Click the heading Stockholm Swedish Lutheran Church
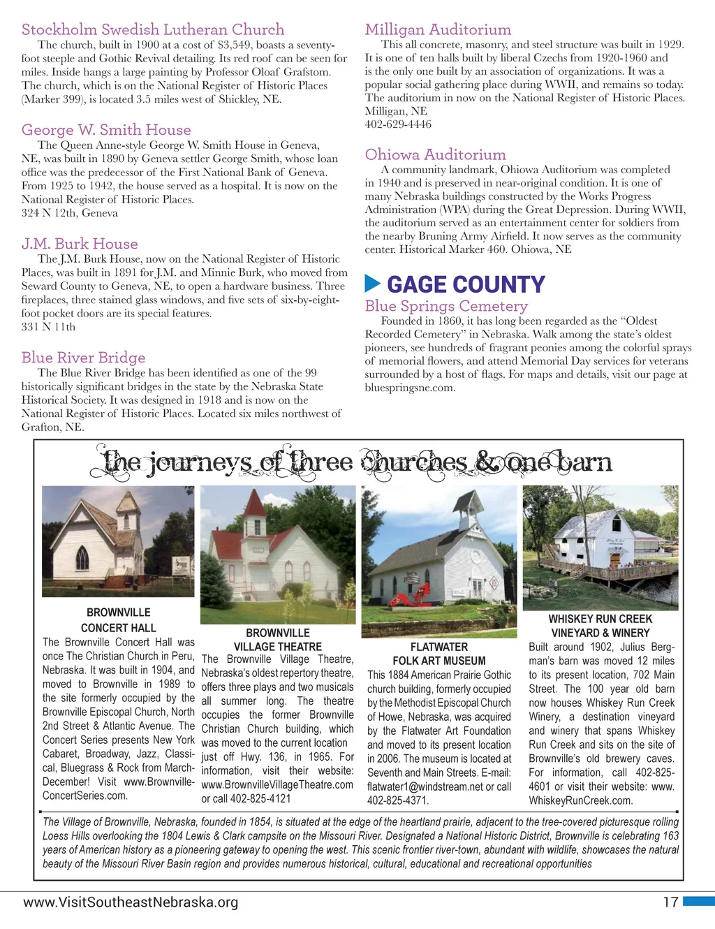(153, 29)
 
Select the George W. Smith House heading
(106, 130)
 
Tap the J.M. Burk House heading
(80, 244)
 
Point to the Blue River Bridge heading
(83, 358)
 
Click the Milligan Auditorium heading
(438, 29)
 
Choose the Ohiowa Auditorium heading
(435, 154)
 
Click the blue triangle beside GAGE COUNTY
(373, 284)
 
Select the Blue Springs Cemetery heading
(446, 306)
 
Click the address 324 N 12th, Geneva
(70, 213)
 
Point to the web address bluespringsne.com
(410, 388)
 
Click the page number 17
(670, 902)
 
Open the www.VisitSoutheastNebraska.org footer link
(131, 902)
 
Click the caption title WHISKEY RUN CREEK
(600, 619)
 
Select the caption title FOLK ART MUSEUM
(438, 661)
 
